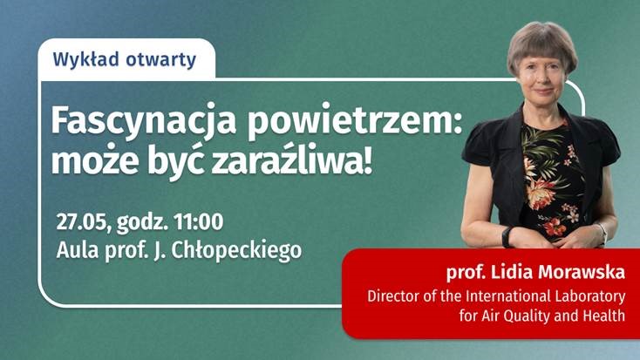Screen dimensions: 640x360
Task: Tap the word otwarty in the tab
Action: point(160,60)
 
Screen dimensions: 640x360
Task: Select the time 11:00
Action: point(199,221)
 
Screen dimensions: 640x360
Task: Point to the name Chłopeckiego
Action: point(236,251)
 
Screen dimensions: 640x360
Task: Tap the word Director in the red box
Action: point(393,295)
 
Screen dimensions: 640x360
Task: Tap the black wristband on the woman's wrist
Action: point(507,236)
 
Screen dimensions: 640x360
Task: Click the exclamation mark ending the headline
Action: point(368,160)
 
